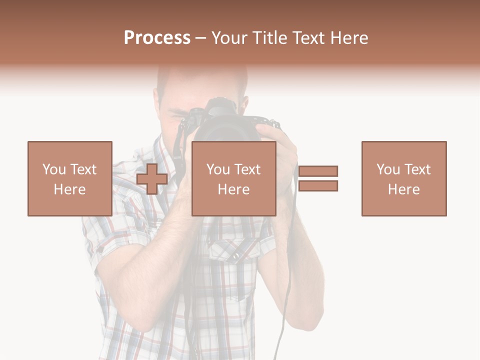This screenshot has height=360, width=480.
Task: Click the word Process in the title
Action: click(157, 38)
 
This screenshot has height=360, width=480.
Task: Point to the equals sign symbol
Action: click(318, 178)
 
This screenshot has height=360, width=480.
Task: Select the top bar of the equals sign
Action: click(318, 171)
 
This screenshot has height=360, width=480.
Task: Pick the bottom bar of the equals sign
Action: click(318, 186)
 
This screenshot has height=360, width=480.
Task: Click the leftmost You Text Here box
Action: click(69, 178)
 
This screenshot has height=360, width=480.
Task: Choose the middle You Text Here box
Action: click(233, 178)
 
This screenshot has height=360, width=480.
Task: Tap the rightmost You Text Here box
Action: click(403, 178)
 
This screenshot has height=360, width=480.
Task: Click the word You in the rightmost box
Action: click(388, 169)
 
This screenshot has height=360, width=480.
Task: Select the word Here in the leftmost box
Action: click(69, 189)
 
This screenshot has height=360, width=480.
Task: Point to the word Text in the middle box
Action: click(247, 169)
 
